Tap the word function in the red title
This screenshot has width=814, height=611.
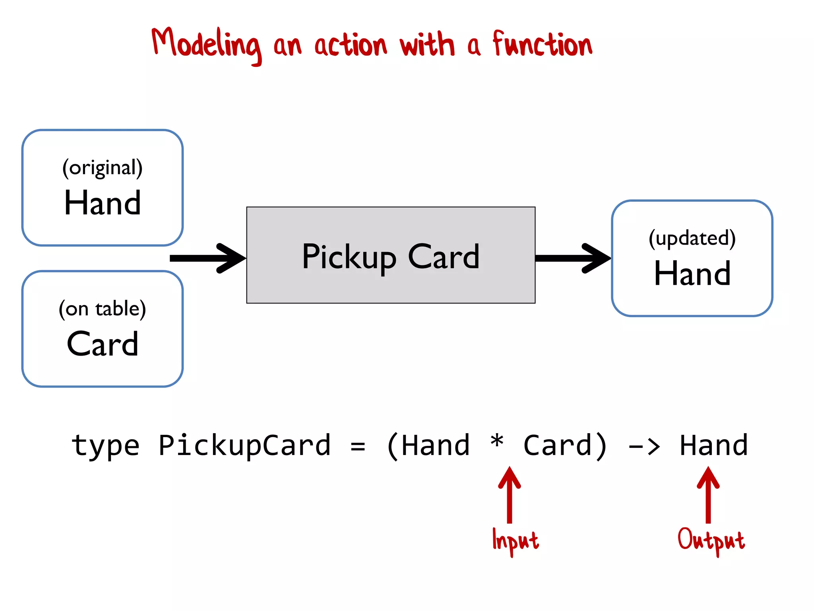pyautogui.click(x=543, y=44)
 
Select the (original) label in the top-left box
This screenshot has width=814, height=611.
pyautogui.click(x=103, y=168)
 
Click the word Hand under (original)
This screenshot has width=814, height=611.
pyautogui.click(x=103, y=203)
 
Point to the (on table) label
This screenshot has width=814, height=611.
pyautogui.click(x=103, y=309)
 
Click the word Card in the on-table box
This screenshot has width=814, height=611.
pyautogui.click(x=103, y=344)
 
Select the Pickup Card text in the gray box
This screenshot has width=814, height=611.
pyautogui.click(x=391, y=257)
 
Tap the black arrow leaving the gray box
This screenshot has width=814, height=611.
pyautogui.click(x=572, y=258)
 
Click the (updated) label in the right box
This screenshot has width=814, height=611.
pyautogui.click(x=692, y=238)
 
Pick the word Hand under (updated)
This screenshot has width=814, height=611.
pyautogui.click(x=692, y=274)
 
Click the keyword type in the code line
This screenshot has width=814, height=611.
pyautogui.click(x=105, y=446)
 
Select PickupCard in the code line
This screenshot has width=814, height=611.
pyautogui.click(x=244, y=446)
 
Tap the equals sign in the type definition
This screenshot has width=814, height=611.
pyautogui.click(x=358, y=446)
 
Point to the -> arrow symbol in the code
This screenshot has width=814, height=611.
pyautogui.click(x=644, y=447)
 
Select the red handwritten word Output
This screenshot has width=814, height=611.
pyautogui.click(x=711, y=540)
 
